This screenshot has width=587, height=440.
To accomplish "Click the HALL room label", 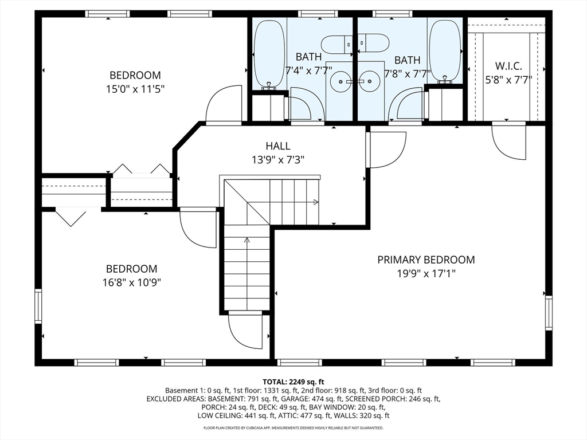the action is [278, 146].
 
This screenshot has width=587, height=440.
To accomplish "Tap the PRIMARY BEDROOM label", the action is [426, 260].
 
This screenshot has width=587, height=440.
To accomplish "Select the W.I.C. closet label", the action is [509, 66].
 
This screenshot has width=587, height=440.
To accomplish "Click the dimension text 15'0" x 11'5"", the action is [135, 89].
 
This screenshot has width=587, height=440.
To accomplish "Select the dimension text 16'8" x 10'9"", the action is [132, 282].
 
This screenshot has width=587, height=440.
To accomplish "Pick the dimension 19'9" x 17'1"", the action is [426, 274].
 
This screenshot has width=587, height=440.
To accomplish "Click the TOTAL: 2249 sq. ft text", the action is [293, 382].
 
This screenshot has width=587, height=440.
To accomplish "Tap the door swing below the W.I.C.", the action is [509, 141].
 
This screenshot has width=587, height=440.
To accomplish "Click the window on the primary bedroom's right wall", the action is [549, 312].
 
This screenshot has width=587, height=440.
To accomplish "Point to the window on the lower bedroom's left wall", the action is [38, 306].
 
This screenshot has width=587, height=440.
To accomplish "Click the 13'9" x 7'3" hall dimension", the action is [278, 160].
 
